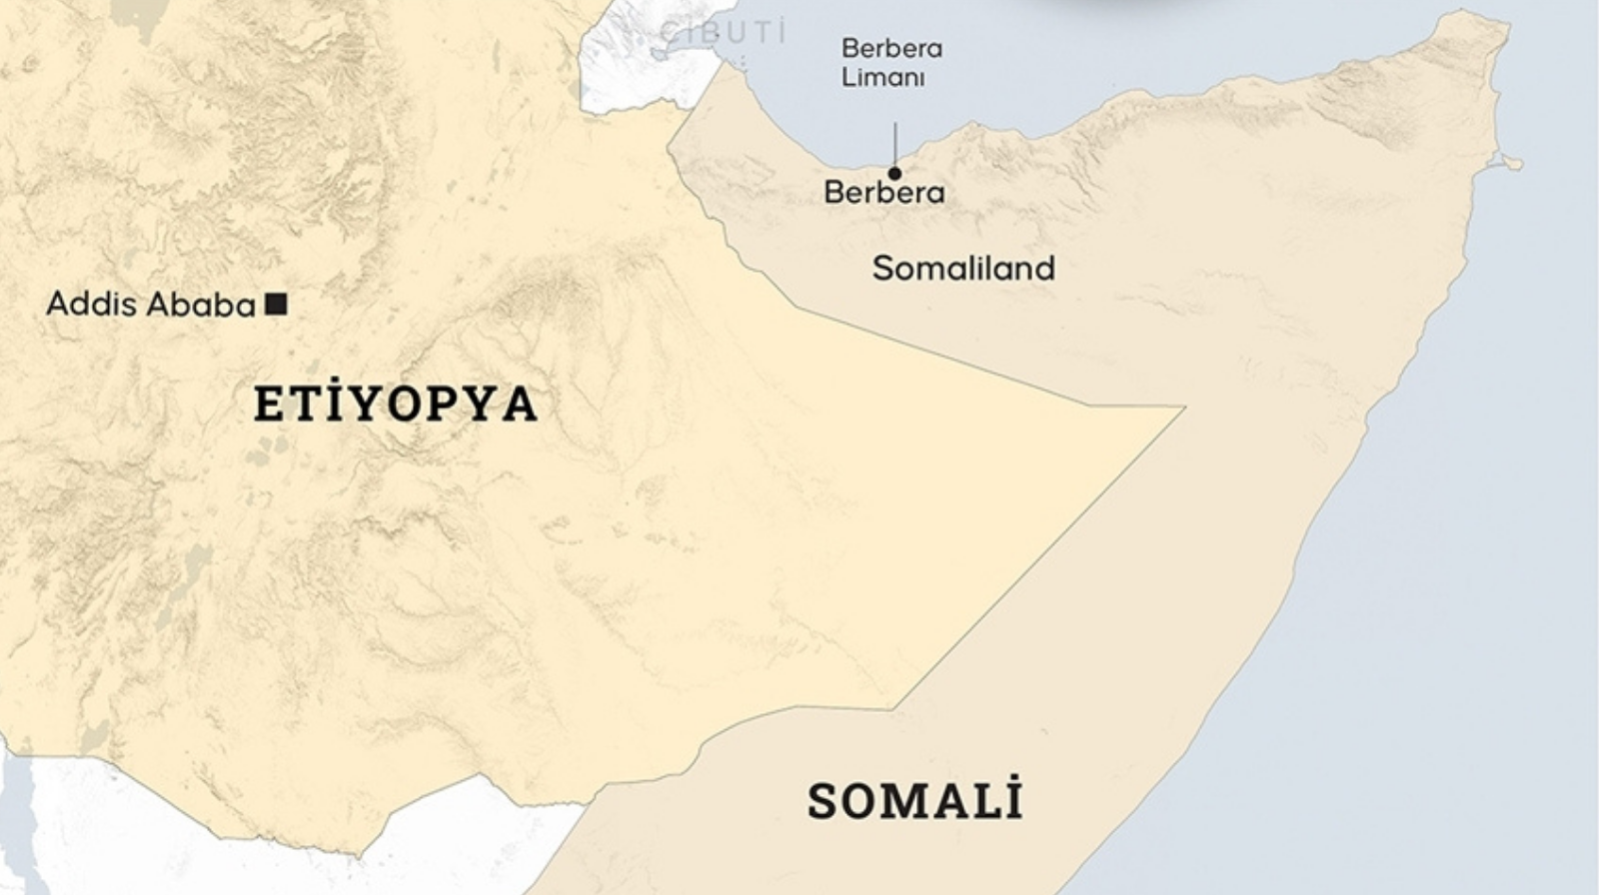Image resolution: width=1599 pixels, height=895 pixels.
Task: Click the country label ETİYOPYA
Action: pyautogui.click(x=396, y=404)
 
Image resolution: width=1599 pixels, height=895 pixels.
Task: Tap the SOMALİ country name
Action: pyautogui.click(x=914, y=800)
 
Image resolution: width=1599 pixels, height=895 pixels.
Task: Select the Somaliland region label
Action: pyautogui.click(x=963, y=268)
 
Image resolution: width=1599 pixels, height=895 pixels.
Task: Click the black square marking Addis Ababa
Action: pyautogui.click(x=277, y=304)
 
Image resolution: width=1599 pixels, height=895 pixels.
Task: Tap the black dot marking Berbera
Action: pyautogui.click(x=894, y=174)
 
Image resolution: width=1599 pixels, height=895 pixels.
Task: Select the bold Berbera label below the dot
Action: pyautogui.click(x=883, y=192)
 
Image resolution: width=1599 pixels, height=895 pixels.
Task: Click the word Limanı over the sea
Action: pyautogui.click(x=882, y=77)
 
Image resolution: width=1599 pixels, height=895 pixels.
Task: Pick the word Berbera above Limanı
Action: pyautogui.click(x=891, y=48)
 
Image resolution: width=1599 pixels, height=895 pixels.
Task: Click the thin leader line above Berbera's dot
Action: pyautogui.click(x=894, y=145)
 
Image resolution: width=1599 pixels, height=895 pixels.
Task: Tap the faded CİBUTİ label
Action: pyautogui.click(x=724, y=32)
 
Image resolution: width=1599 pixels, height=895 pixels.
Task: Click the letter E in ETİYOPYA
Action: pyautogui.click(x=268, y=405)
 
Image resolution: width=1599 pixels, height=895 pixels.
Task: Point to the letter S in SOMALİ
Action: pyautogui.click(x=822, y=801)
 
